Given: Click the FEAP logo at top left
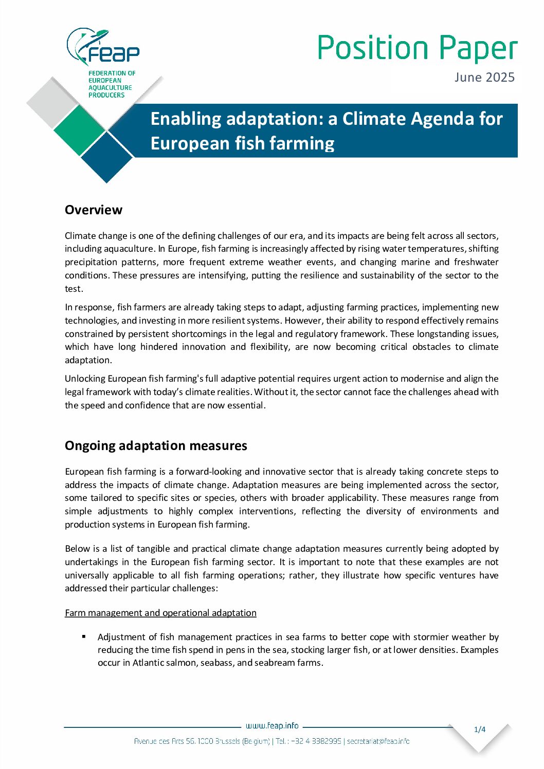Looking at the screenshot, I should point(103,47).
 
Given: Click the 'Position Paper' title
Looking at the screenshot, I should point(417,48).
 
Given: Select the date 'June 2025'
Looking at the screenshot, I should point(484,78).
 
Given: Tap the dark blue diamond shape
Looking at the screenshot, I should point(107,157).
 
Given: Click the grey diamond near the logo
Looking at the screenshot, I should point(52,103).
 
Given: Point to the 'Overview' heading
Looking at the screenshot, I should point(94,210).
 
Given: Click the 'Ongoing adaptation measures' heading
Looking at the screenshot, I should point(156,445).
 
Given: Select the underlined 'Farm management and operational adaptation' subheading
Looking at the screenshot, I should point(160,613).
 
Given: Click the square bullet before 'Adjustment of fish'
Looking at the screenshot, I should point(84,636).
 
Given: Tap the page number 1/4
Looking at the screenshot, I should point(480,729).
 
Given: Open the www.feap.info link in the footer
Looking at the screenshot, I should point(272,726).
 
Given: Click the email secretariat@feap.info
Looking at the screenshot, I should point(378,741).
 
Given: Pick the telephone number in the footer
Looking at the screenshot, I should point(315,741).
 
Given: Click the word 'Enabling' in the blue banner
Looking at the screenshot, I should point(185,119).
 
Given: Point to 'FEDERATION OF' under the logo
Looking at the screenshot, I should point(112,73).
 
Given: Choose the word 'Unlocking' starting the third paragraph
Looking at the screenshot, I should point(85,379).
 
